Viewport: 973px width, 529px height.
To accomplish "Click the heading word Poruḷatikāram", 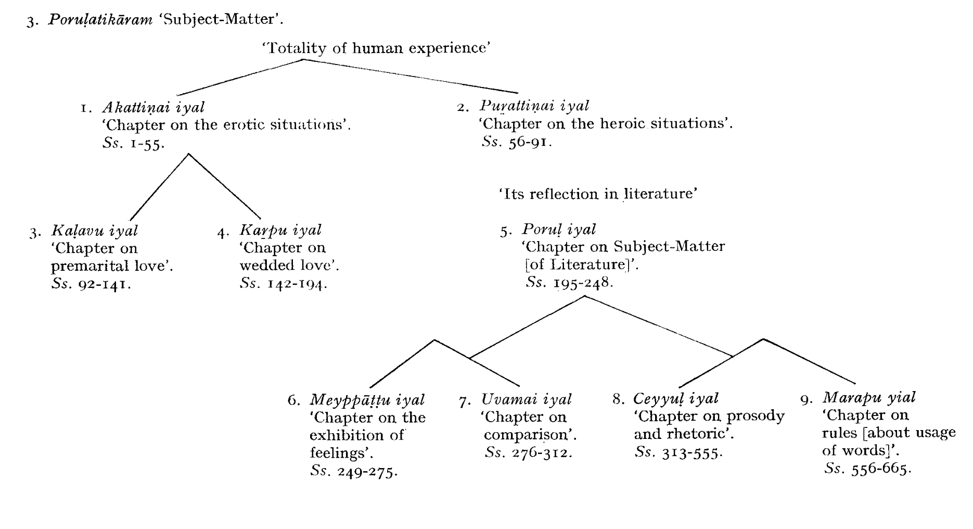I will pos(101,20).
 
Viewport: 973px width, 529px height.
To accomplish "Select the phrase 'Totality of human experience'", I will pos(378,48).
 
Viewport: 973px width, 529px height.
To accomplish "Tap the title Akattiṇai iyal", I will pos(153,107).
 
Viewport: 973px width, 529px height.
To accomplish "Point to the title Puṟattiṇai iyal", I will pos(534,106).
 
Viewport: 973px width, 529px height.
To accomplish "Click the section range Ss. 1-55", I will pos(134,144).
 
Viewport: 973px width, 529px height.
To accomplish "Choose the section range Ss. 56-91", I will pos(517,142).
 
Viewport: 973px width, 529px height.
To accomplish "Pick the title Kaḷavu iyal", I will pos(95,230).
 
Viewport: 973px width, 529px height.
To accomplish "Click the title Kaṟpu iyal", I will pos(280,230).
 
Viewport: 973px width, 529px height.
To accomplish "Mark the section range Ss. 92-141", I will pos(91,284).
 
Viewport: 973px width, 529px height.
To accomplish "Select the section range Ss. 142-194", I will pos(284,284).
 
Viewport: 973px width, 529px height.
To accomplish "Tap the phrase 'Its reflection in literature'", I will pos(598,194).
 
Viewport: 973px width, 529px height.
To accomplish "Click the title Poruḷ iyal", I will pos(559,229).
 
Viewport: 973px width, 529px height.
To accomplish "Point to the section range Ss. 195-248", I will pos(570,283).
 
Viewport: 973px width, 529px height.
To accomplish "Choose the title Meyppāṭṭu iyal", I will pos(367,400).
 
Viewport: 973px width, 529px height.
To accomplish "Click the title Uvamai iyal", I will pos(527,399).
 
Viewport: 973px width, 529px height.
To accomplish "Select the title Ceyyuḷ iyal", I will pos(675,399).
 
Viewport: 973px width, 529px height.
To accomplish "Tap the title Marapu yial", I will pos(869,398).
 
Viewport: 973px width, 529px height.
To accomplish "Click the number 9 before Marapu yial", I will pos(806,400).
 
